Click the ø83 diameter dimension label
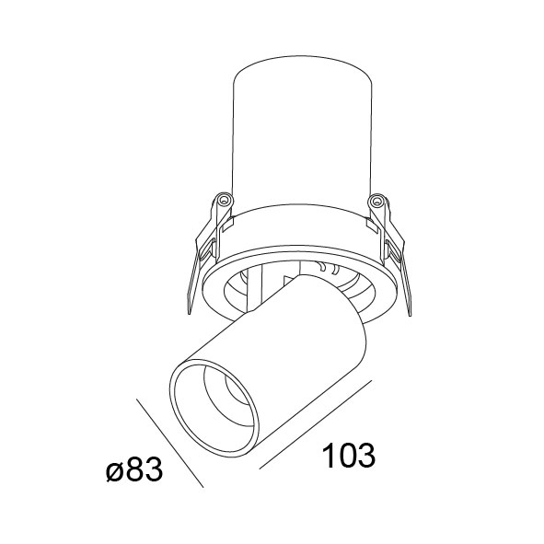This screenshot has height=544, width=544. click(x=134, y=469)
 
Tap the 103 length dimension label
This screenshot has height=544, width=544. click(x=349, y=455)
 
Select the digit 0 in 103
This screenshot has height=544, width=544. click(x=348, y=455)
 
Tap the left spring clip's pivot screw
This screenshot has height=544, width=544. click(x=224, y=200)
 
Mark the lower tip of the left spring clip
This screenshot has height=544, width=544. click(x=190, y=314)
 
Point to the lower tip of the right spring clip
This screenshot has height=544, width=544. click(x=411, y=316)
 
